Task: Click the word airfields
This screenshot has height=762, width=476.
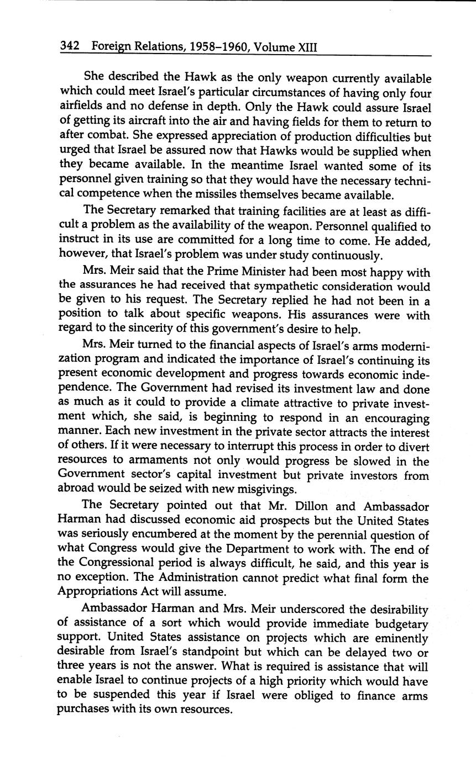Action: (x=80, y=108)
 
